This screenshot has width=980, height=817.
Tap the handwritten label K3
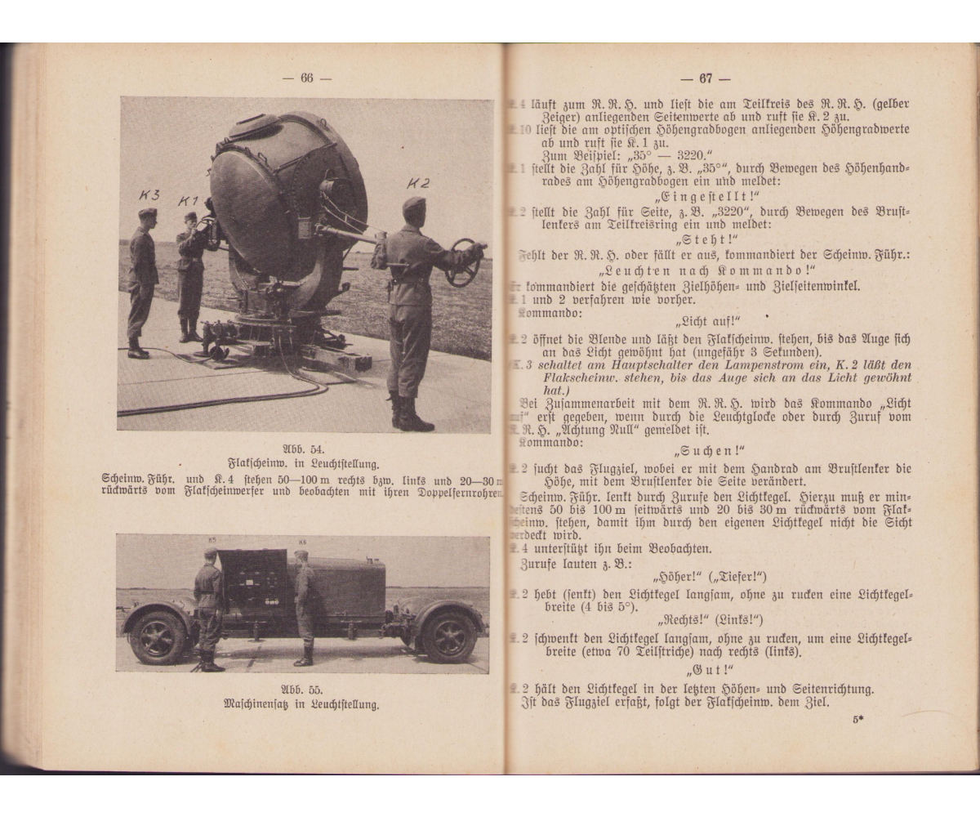[149, 195]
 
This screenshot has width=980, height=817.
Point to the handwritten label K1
[189, 201]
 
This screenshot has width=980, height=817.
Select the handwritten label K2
[417, 184]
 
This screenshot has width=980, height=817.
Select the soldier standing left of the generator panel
[208, 609]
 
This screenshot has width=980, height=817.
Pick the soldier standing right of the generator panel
[305, 605]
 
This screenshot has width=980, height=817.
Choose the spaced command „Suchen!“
[710, 451]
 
